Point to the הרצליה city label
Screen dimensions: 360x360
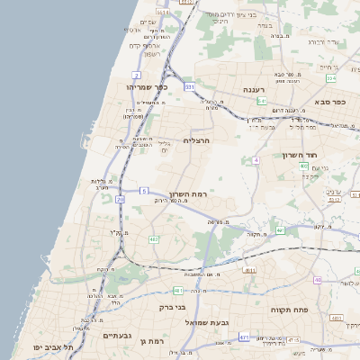(x=196, y=140)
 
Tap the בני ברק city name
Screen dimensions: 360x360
(x=172, y=307)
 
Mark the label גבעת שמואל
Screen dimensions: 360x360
(x=210, y=321)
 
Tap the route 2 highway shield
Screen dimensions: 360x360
(x=136, y=74)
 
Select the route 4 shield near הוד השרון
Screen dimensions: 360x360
(x=256, y=160)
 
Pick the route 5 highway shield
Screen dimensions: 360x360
(x=144, y=191)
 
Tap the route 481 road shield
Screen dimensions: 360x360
(x=178, y=291)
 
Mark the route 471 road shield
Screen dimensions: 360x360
(x=244, y=337)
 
